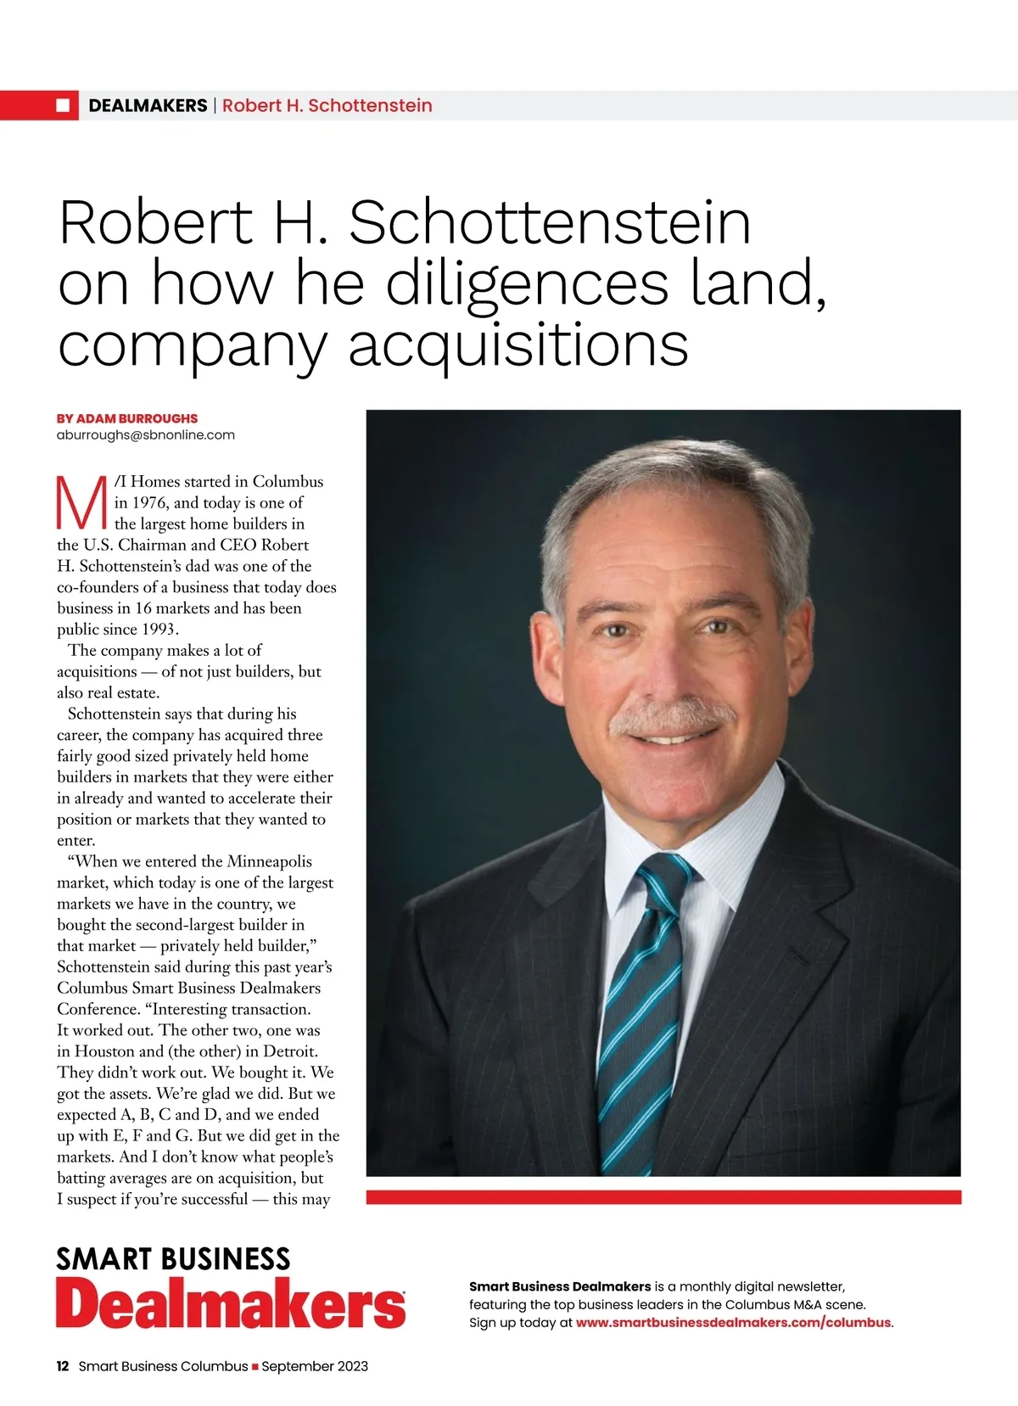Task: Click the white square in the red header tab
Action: tap(62, 105)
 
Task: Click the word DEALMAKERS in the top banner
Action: tap(148, 105)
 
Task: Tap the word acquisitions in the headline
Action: tap(518, 344)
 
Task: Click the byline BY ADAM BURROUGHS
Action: tap(127, 418)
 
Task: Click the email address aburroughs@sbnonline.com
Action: tap(146, 435)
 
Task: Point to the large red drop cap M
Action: tap(82, 502)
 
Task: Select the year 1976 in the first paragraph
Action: tap(148, 502)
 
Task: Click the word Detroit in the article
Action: tap(289, 1051)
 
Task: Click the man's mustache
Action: tap(671, 720)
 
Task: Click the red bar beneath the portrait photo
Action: tap(663, 1197)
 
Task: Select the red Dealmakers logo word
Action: tap(231, 1304)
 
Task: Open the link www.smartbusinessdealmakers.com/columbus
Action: tap(733, 1323)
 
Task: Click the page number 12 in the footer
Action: tap(63, 1366)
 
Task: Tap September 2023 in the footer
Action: tap(315, 1366)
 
